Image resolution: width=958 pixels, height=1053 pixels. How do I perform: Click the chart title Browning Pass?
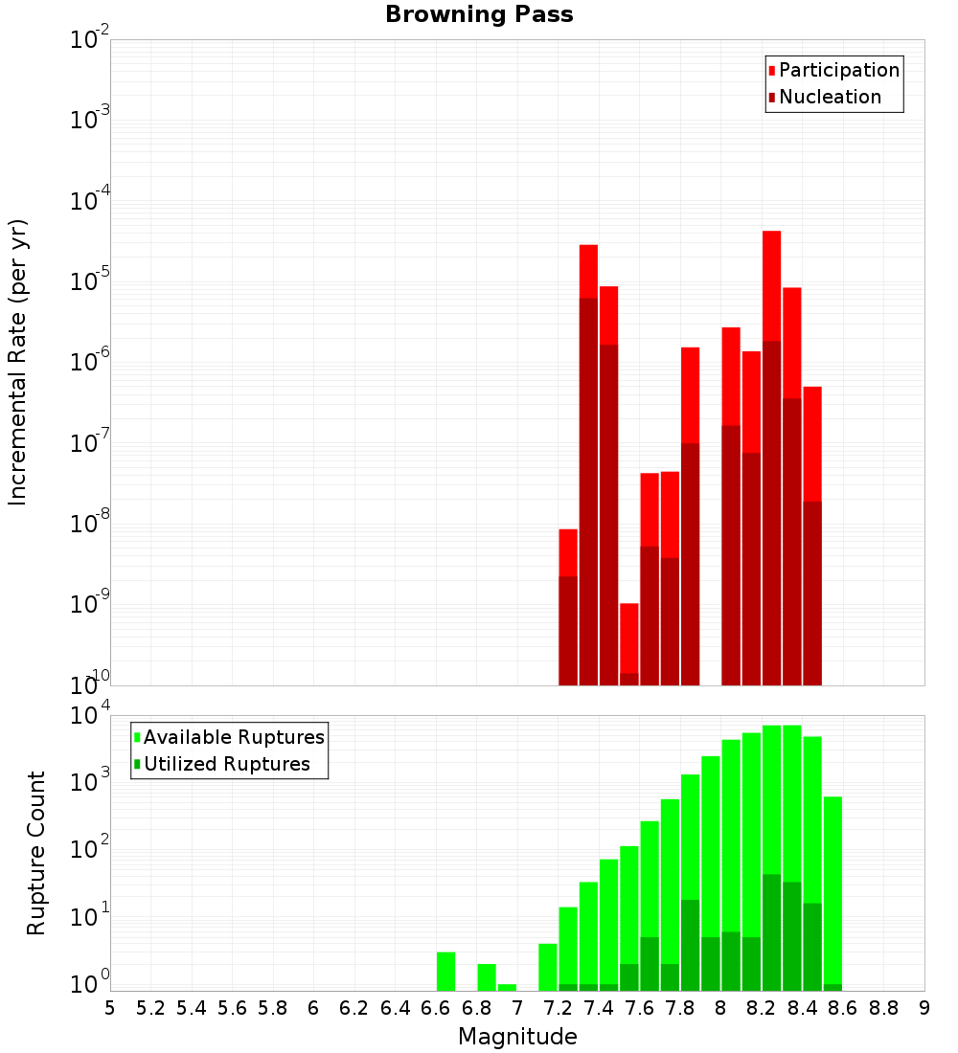pos(479,14)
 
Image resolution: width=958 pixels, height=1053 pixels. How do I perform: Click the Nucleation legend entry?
pos(830,97)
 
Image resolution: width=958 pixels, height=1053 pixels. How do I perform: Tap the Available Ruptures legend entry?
pos(234,737)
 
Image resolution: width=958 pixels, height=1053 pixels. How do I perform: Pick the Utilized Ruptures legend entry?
pos(226,764)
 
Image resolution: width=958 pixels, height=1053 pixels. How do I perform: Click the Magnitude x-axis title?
pos(517,1037)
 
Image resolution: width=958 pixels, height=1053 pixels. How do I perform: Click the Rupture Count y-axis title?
pos(36,852)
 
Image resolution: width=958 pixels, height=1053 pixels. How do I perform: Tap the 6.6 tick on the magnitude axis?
pos(436,1008)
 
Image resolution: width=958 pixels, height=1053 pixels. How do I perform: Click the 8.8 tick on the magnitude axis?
pos(883,1008)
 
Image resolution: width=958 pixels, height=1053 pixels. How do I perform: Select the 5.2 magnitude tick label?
pos(150,1008)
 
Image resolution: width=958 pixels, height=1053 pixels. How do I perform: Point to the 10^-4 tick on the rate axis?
pos(90,202)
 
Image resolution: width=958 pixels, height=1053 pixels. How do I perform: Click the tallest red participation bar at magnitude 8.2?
pos(772,287)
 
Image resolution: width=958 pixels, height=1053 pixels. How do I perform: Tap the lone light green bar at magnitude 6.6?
pos(445,971)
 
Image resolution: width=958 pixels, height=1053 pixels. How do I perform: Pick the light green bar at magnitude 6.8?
pos(487,976)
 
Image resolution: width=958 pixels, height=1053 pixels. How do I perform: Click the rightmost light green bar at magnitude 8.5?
pos(833,890)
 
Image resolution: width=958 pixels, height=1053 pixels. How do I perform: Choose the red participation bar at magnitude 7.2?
pos(568,552)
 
